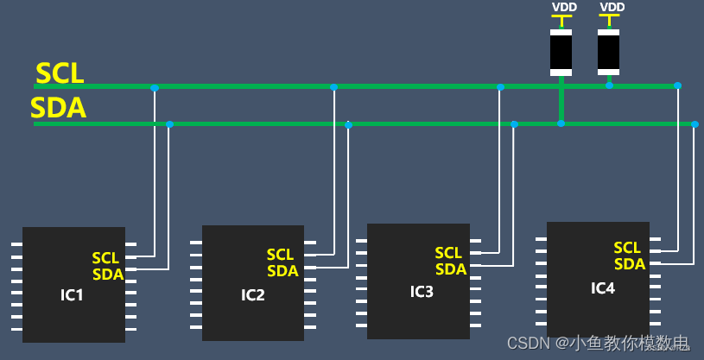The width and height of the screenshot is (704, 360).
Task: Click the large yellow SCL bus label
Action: [60, 73]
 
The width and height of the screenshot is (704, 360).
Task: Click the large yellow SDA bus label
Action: [58, 109]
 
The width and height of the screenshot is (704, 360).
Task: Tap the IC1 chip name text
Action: [72, 295]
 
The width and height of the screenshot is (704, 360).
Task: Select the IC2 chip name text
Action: [252, 295]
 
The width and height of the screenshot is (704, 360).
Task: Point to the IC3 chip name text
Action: [422, 291]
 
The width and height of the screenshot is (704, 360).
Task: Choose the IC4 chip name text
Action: [603, 287]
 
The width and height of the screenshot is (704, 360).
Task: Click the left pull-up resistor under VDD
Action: [561, 52]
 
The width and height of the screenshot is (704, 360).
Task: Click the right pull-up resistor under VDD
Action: [608, 52]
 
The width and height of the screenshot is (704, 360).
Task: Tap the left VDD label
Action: [564, 7]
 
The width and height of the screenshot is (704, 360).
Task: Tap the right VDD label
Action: [612, 7]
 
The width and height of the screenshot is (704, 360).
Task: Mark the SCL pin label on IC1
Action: [105, 258]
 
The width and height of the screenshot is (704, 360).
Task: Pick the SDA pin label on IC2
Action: [282, 271]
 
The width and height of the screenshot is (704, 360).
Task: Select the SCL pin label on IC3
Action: [448, 253]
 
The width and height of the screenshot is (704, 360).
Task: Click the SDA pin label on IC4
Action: [630, 264]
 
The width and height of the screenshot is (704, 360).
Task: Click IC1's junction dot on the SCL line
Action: [155, 87]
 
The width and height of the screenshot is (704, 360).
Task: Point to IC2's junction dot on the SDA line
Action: [348, 125]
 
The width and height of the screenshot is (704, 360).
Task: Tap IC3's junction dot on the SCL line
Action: [500, 86]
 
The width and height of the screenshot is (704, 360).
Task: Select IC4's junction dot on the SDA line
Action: [694, 123]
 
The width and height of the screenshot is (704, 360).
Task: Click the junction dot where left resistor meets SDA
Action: [561, 123]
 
